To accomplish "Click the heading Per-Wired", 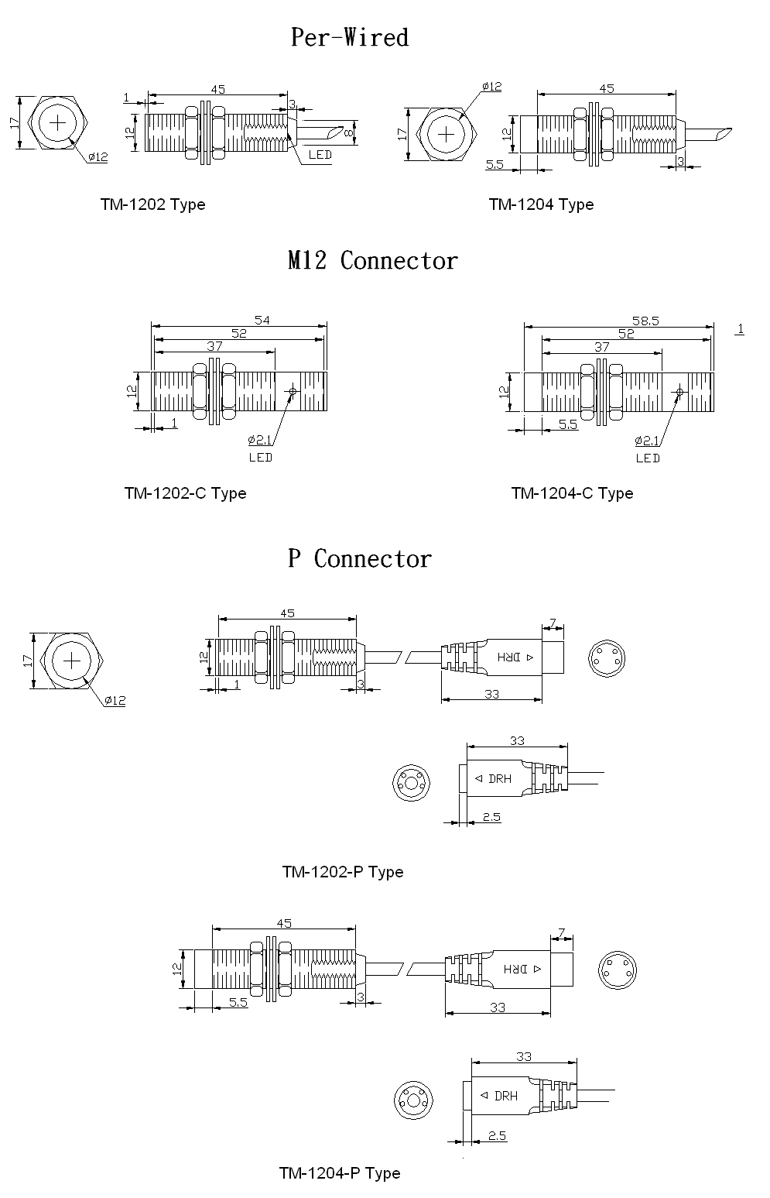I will click(x=350, y=37).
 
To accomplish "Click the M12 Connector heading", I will click(x=372, y=260).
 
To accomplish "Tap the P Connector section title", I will click(x=359, y=558).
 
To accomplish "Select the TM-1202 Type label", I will click(x=152, y=204).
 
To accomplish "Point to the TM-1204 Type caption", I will click(x=541, y=204).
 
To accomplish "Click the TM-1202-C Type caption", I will click(x=185, y=493).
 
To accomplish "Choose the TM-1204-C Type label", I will click(x=572, y=493).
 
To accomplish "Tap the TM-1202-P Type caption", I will click(x=343, y=872).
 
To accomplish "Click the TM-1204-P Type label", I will click(x=340, y=1173).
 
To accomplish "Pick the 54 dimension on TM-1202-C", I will click(x=263, y=320).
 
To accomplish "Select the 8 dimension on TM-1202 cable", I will click(x=349, y=133).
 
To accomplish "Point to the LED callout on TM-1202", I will click(x=320, y=155).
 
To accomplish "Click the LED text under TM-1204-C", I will click(x=648, y=458).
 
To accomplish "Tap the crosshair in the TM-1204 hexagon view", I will click(x=447, y=134).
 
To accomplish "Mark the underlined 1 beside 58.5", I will click(x=740, y=329).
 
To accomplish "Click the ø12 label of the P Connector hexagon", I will click(x=115, y=700).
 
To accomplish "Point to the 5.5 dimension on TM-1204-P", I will click(x=238, y=1002).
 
